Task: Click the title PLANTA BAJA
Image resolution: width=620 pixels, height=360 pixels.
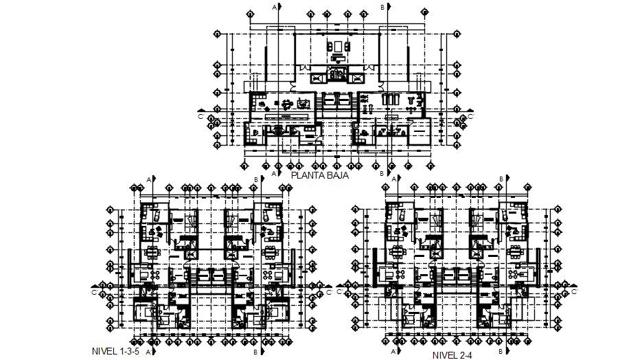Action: [321, 175]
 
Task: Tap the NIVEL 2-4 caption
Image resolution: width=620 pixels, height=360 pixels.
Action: [453, 355]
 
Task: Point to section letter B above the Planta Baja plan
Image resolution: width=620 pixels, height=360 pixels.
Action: [382, 6]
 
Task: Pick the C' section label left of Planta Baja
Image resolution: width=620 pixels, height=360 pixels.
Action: [200, 117]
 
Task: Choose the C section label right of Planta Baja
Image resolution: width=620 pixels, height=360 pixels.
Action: [468, 117]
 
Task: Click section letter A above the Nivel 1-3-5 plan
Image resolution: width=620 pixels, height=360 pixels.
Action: [148, 179]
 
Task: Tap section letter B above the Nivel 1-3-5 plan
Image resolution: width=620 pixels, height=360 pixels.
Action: [256, 179]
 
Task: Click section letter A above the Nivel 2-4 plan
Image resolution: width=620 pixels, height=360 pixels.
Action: [393, 179]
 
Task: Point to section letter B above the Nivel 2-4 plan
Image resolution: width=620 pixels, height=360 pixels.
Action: [501, 179]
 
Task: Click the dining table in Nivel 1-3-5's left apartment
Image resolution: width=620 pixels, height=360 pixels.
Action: [150, 250]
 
